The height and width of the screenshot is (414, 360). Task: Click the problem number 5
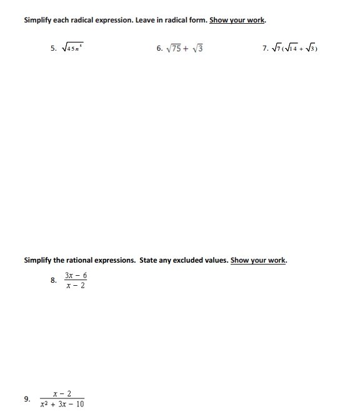coord(53,48)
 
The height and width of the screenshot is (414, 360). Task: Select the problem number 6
coord(159,48)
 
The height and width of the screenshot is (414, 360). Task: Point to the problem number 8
coord(53,280)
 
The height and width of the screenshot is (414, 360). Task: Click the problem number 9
coord(26,398)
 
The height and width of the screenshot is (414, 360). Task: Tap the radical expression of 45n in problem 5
coord(71,48)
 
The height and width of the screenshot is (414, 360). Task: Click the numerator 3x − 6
coord(76,275)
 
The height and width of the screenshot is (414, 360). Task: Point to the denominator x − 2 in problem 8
coord(76,286)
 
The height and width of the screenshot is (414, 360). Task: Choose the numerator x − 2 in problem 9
coord(62,393)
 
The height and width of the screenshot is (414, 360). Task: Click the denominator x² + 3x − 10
coord(62,404)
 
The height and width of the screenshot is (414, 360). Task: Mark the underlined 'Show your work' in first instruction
coord(237,20)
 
